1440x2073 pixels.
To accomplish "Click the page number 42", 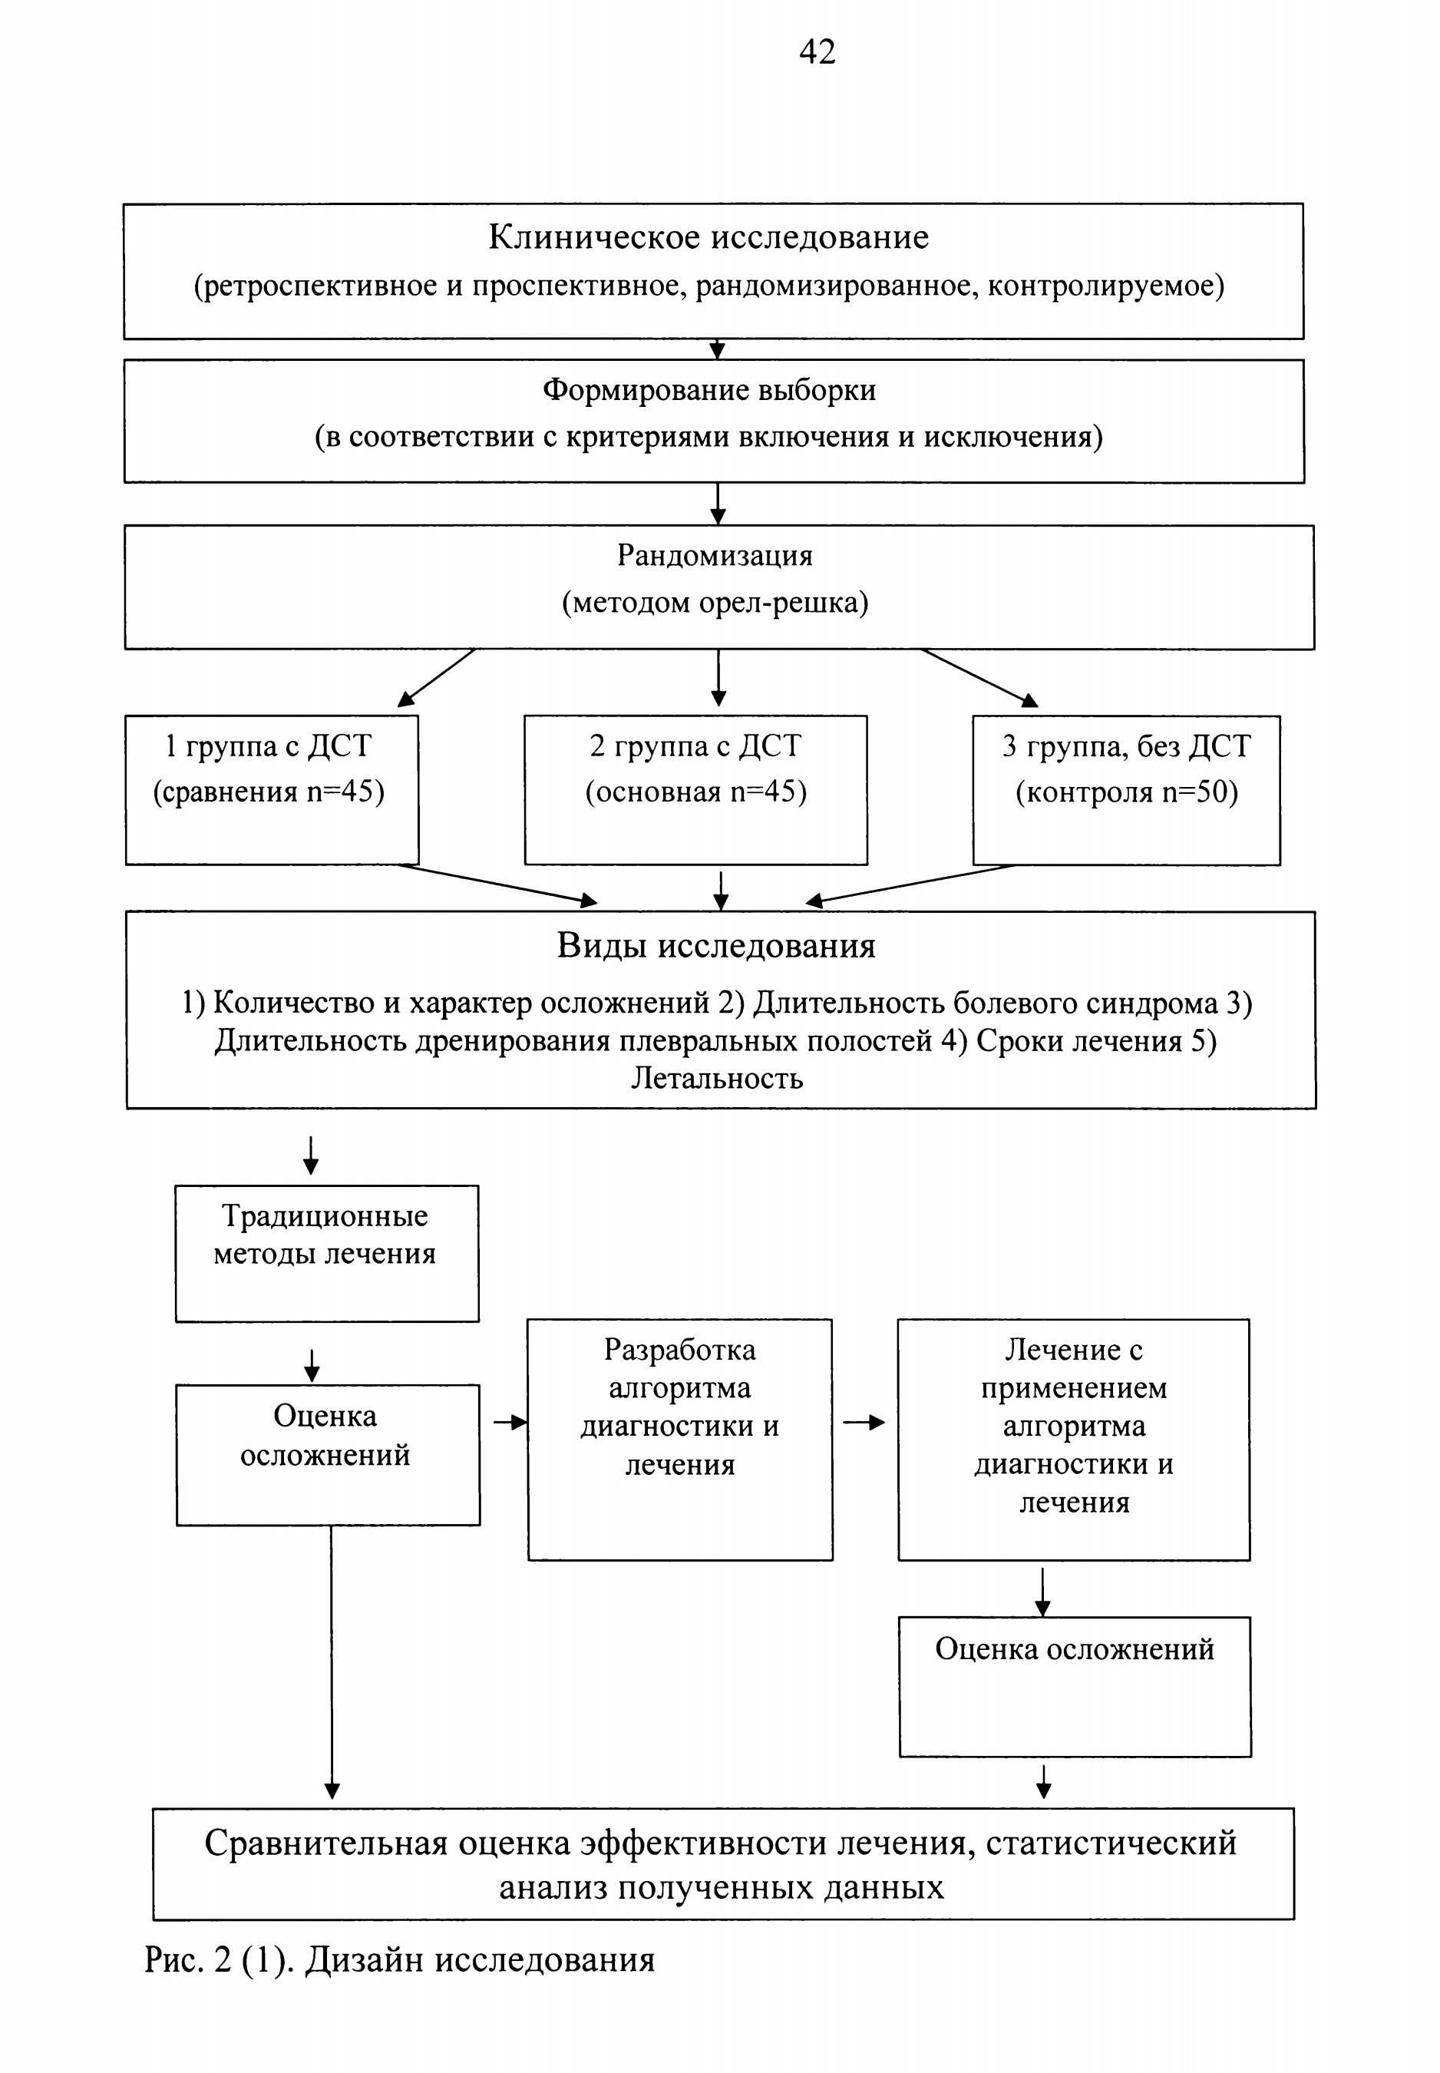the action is (x=817, y=51).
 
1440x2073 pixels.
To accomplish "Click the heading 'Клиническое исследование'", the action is (x=708, y=236).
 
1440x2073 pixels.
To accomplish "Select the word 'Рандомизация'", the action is (x=715, y=556).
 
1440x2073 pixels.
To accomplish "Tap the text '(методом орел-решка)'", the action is (x=715, y=602).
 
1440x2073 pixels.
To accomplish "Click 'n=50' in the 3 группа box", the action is (x=1199, y=792).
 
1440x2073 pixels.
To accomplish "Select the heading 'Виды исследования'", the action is (x=716, y=946).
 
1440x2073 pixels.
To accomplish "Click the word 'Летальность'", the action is (x=716, y=1079).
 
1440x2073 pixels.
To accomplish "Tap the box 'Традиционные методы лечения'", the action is (x=327, y=1254).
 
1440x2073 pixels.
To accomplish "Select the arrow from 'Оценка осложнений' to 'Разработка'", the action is (x=510, y=1423).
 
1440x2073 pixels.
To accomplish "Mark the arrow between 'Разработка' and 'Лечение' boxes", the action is (x=864, y=1423).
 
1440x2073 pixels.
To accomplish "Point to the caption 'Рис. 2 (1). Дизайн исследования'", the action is (x=400, y=1959).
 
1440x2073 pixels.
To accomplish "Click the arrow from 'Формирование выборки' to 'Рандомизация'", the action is (x=717, y=504).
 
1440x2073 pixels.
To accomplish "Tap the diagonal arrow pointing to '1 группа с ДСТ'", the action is (x=437, y=677).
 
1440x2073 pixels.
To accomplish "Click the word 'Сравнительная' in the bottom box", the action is (x=325, y=1843).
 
